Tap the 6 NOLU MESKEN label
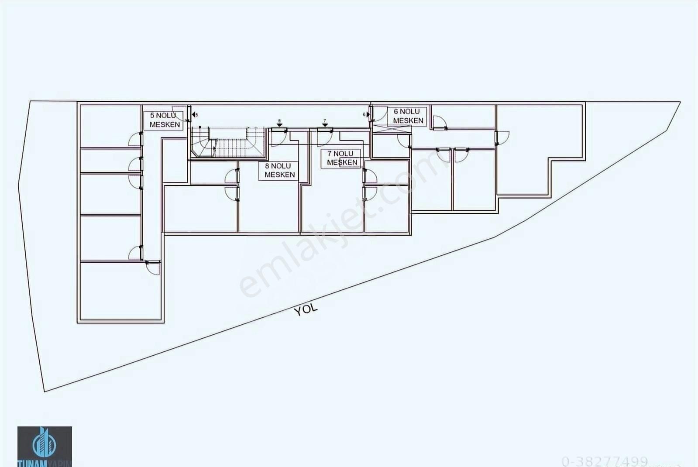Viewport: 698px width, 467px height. pyautogui.click(x=408, y=116)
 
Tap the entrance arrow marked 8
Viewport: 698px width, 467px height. pyautogui.click(x=279, y=124)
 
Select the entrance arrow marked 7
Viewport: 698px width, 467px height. pyautogui.click(x=325, y=124)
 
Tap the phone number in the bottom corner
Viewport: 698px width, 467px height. pyautogui.click(x=605, y=461)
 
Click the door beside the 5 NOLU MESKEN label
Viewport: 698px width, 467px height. pyautogui.click(x=181, y=113)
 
